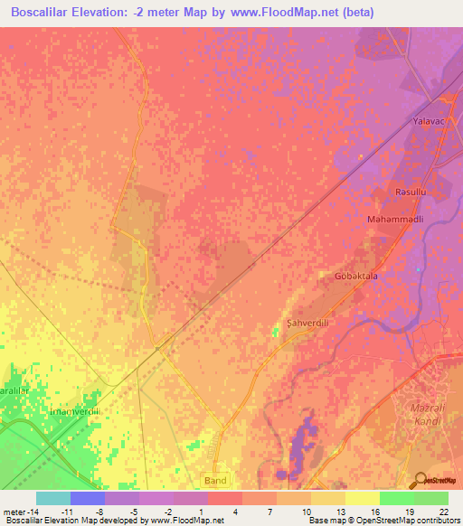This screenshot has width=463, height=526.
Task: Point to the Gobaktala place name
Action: click(355, 277)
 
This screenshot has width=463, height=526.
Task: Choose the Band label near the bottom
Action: click(215, 480)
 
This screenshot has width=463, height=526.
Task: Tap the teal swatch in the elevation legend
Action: click(53, 498)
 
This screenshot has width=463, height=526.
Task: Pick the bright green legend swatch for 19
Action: click(396, 498)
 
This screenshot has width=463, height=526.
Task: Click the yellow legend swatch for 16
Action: click(362, 498)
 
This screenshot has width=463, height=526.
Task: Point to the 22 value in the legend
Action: click(442, 511)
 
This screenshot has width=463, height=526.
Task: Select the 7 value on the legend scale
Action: click(271, 511)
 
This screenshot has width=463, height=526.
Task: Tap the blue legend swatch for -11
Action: click(88, 498)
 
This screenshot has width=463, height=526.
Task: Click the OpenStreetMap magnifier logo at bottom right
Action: click(420, 480)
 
